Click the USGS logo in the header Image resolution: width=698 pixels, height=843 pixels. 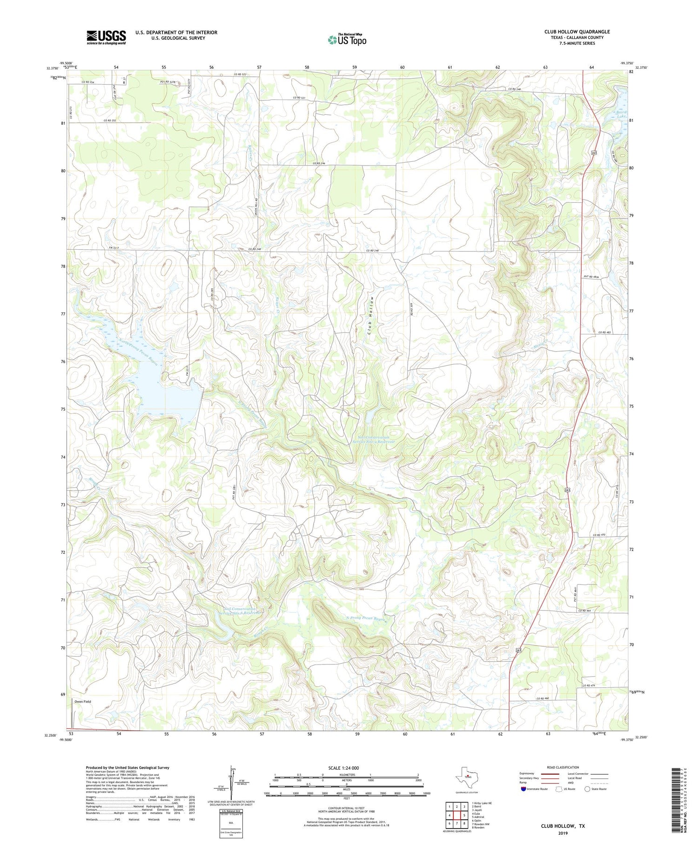click(106, 37)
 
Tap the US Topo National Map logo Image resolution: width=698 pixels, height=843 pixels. click(347, 40)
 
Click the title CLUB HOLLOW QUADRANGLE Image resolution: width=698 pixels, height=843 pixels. click(577, 32)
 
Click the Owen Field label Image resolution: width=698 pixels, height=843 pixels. click(83, 702)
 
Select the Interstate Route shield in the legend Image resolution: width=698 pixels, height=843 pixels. click(524, 789)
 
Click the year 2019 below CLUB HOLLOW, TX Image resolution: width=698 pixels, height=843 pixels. click(563, 833)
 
